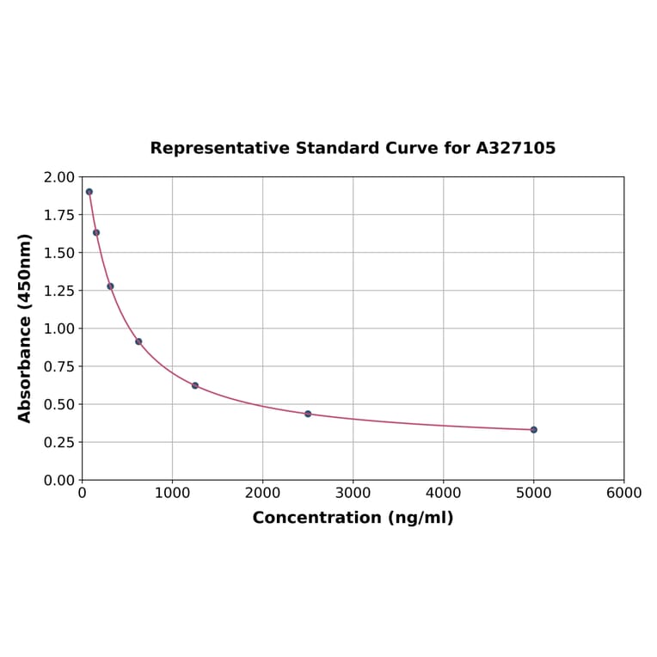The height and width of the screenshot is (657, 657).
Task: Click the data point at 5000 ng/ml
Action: coord(533,429)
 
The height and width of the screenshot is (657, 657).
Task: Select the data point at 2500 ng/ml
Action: coord(308,414)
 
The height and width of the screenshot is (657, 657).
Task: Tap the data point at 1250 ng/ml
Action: coord(195,385)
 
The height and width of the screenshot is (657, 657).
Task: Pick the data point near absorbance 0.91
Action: coord(138,341)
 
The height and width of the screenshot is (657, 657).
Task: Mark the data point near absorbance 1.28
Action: coord(110,286)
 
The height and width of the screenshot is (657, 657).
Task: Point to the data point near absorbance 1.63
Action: coord(96,232)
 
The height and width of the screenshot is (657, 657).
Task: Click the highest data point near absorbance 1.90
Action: coord(89,192)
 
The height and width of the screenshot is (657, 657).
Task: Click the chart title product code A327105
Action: coord(515,148)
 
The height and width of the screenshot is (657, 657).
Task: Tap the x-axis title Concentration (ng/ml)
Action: coord(353,518)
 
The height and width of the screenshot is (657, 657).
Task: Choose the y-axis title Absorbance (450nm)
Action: coord(25,328)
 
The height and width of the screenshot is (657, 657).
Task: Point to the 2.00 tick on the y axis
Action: coord(59,177)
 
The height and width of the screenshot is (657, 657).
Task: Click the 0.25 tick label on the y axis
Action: coord(59,442)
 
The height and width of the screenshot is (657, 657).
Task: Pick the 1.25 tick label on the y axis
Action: coord(59,291)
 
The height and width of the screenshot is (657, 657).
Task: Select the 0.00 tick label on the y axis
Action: coord(59,480)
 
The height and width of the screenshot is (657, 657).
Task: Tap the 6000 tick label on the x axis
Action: coord(623,493)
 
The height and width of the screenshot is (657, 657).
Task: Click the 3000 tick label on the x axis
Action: coord(353,493)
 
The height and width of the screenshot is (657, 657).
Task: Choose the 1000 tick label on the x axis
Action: coord(172,493)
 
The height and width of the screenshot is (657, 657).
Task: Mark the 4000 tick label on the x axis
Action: coord(443,493)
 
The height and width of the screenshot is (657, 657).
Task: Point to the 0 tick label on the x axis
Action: coord(82,493)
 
